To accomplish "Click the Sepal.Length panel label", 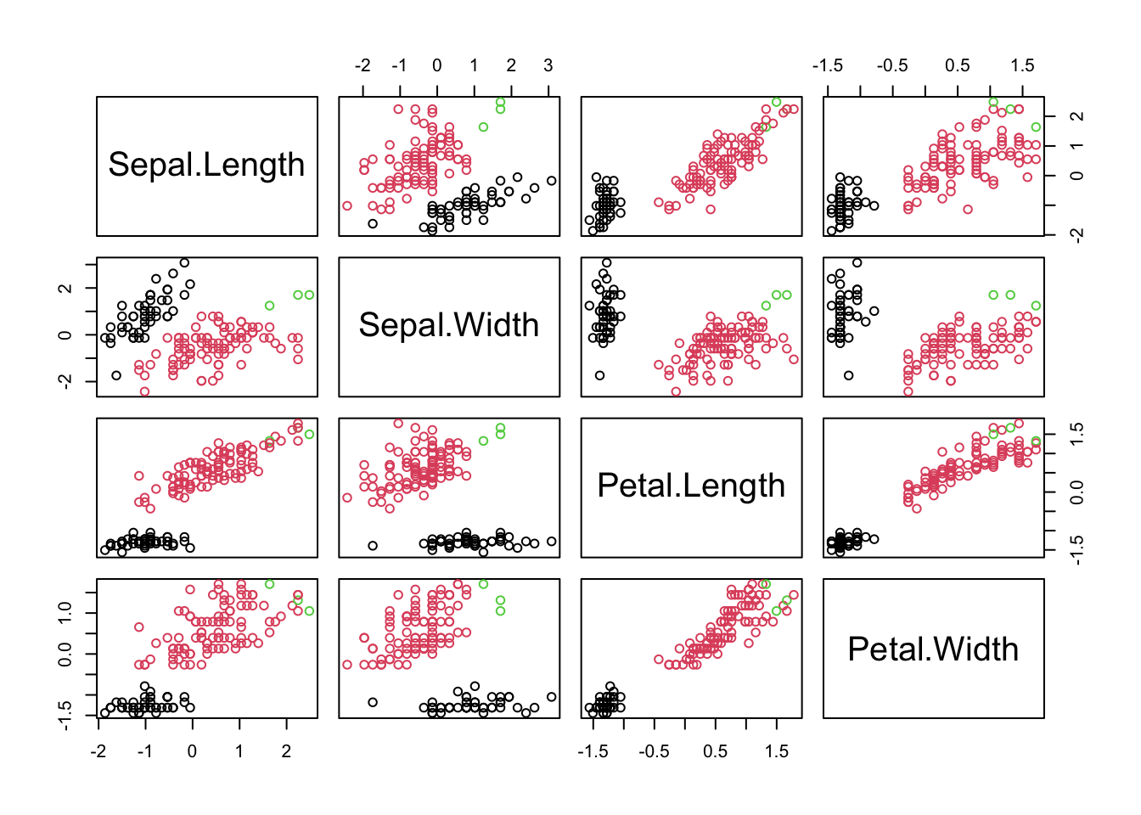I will (x=206, y=165).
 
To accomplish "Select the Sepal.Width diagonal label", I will (x=449, y=325).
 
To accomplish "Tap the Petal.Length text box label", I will (x=691, y=486).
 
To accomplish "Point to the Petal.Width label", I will (x=933, y=649).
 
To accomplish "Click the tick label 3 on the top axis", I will (x=548, y=65).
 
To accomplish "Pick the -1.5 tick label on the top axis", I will (x=828, y=65).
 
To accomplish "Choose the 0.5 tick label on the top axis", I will (x=958, y=65).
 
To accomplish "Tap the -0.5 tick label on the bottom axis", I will (x=654, y=751).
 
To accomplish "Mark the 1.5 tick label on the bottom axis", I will (x=776, y=751).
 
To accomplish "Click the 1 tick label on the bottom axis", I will (x=239, y=751).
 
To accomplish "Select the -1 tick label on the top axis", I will (x=398, y=65).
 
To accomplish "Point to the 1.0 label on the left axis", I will (x=65, y=611).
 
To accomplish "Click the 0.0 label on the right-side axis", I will (x=1076, y=492).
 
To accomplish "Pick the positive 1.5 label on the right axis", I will (x=1076, y=435).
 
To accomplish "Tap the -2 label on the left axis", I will (x=65, y=381).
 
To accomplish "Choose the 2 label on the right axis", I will (x=1076, y=116).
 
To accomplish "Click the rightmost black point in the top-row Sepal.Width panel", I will (x=552, y=181).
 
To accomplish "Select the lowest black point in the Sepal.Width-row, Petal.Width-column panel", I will (x=849, y=375).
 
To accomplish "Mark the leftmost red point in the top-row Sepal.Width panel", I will (x=347, y=205).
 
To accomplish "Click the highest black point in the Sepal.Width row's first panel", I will (x=184, y=263).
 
